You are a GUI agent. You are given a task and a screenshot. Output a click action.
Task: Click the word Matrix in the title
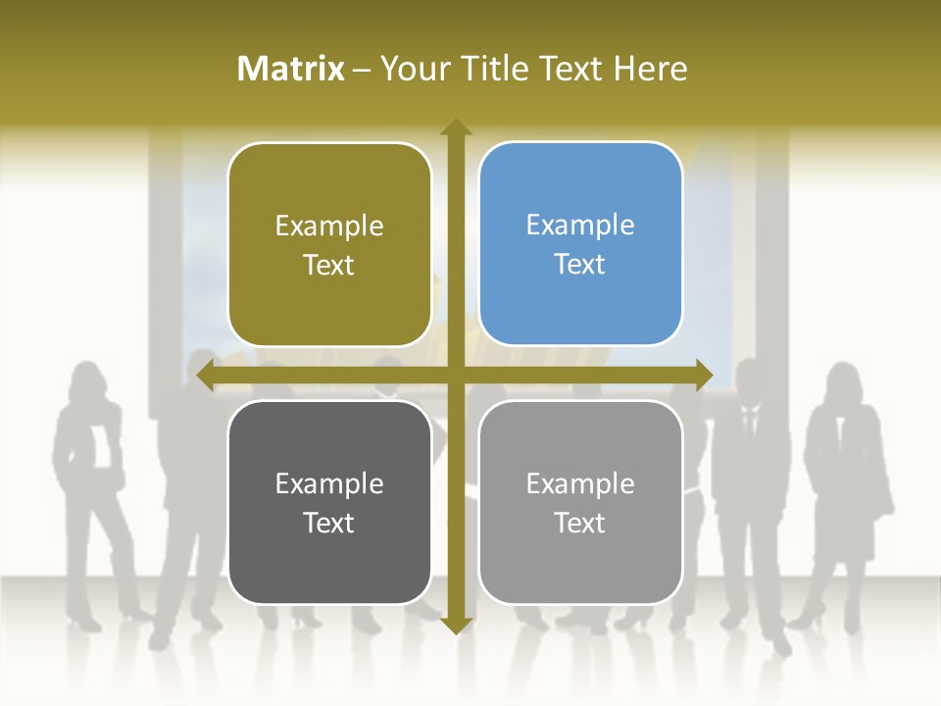point(291,69)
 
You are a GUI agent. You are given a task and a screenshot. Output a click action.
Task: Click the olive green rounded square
point(329,244)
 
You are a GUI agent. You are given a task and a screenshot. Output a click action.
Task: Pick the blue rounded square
point(580,244)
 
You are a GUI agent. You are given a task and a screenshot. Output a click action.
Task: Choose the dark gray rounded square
point(329,502)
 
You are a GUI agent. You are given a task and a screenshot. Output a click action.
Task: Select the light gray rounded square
point(580,502)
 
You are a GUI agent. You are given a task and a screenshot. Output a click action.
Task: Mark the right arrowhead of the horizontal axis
point(703,376)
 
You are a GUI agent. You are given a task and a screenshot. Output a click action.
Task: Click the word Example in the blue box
point(580,225)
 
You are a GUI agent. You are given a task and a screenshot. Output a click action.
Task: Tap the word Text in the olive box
point(329,266)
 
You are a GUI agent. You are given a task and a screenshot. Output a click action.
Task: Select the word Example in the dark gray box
point(329,483)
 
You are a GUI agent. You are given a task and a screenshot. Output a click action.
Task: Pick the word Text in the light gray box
point(580,524)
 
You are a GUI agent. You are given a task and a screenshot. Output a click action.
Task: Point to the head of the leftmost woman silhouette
point(86,379)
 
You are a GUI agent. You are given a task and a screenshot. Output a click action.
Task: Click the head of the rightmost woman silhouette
point(843,382)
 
